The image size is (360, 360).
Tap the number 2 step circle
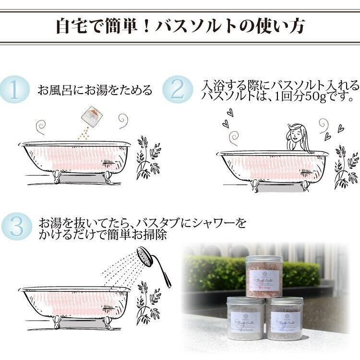point(178,89)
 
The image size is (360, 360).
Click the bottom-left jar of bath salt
point(245,319)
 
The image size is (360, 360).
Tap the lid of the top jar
point(264,259)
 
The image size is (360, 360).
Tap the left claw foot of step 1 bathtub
point(57,176)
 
